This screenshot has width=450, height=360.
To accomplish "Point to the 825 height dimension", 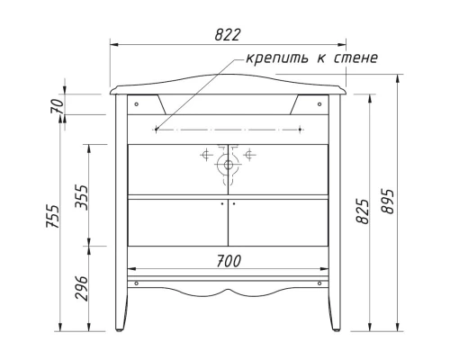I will point(361,212).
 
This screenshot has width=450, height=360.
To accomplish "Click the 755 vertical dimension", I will point(54,215).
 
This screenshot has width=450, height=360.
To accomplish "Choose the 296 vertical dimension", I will point(81,286).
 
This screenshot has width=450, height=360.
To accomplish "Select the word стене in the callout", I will point(351,59).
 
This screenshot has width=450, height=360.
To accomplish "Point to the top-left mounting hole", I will point(135,103).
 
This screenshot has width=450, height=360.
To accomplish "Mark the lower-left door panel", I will point(177,222).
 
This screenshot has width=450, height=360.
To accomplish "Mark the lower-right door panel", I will point(278,222).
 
